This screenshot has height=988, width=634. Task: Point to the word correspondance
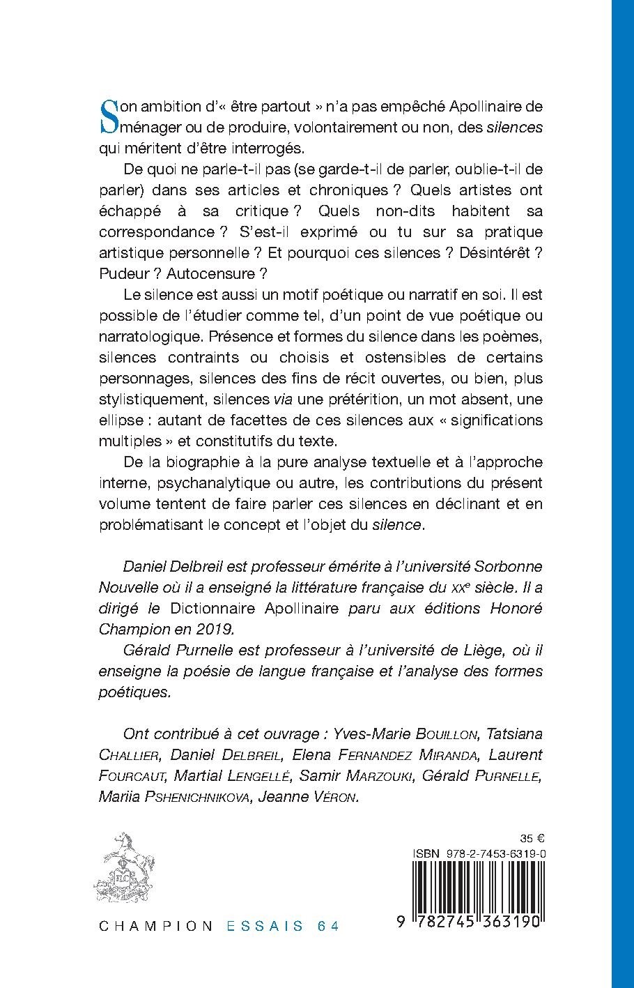152,231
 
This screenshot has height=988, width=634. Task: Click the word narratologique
150,336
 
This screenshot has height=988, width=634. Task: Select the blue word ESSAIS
265,927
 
